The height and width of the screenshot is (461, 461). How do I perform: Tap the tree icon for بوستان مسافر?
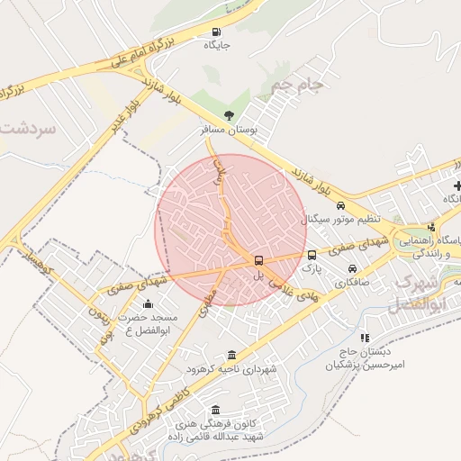click(229, 115)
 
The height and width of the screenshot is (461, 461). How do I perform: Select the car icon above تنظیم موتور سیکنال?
click(340, 206)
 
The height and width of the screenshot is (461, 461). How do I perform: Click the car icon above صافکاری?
click(352, 268)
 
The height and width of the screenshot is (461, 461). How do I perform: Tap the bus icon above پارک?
click(312, 255)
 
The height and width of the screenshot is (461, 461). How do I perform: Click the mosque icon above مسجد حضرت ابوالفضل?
click(149, 304)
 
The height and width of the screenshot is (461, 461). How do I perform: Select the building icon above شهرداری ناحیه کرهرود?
click(233, 355)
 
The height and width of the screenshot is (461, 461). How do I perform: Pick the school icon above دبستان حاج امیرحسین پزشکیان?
click(365, 339)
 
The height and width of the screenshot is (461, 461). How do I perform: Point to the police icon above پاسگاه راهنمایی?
click(430, 227)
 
